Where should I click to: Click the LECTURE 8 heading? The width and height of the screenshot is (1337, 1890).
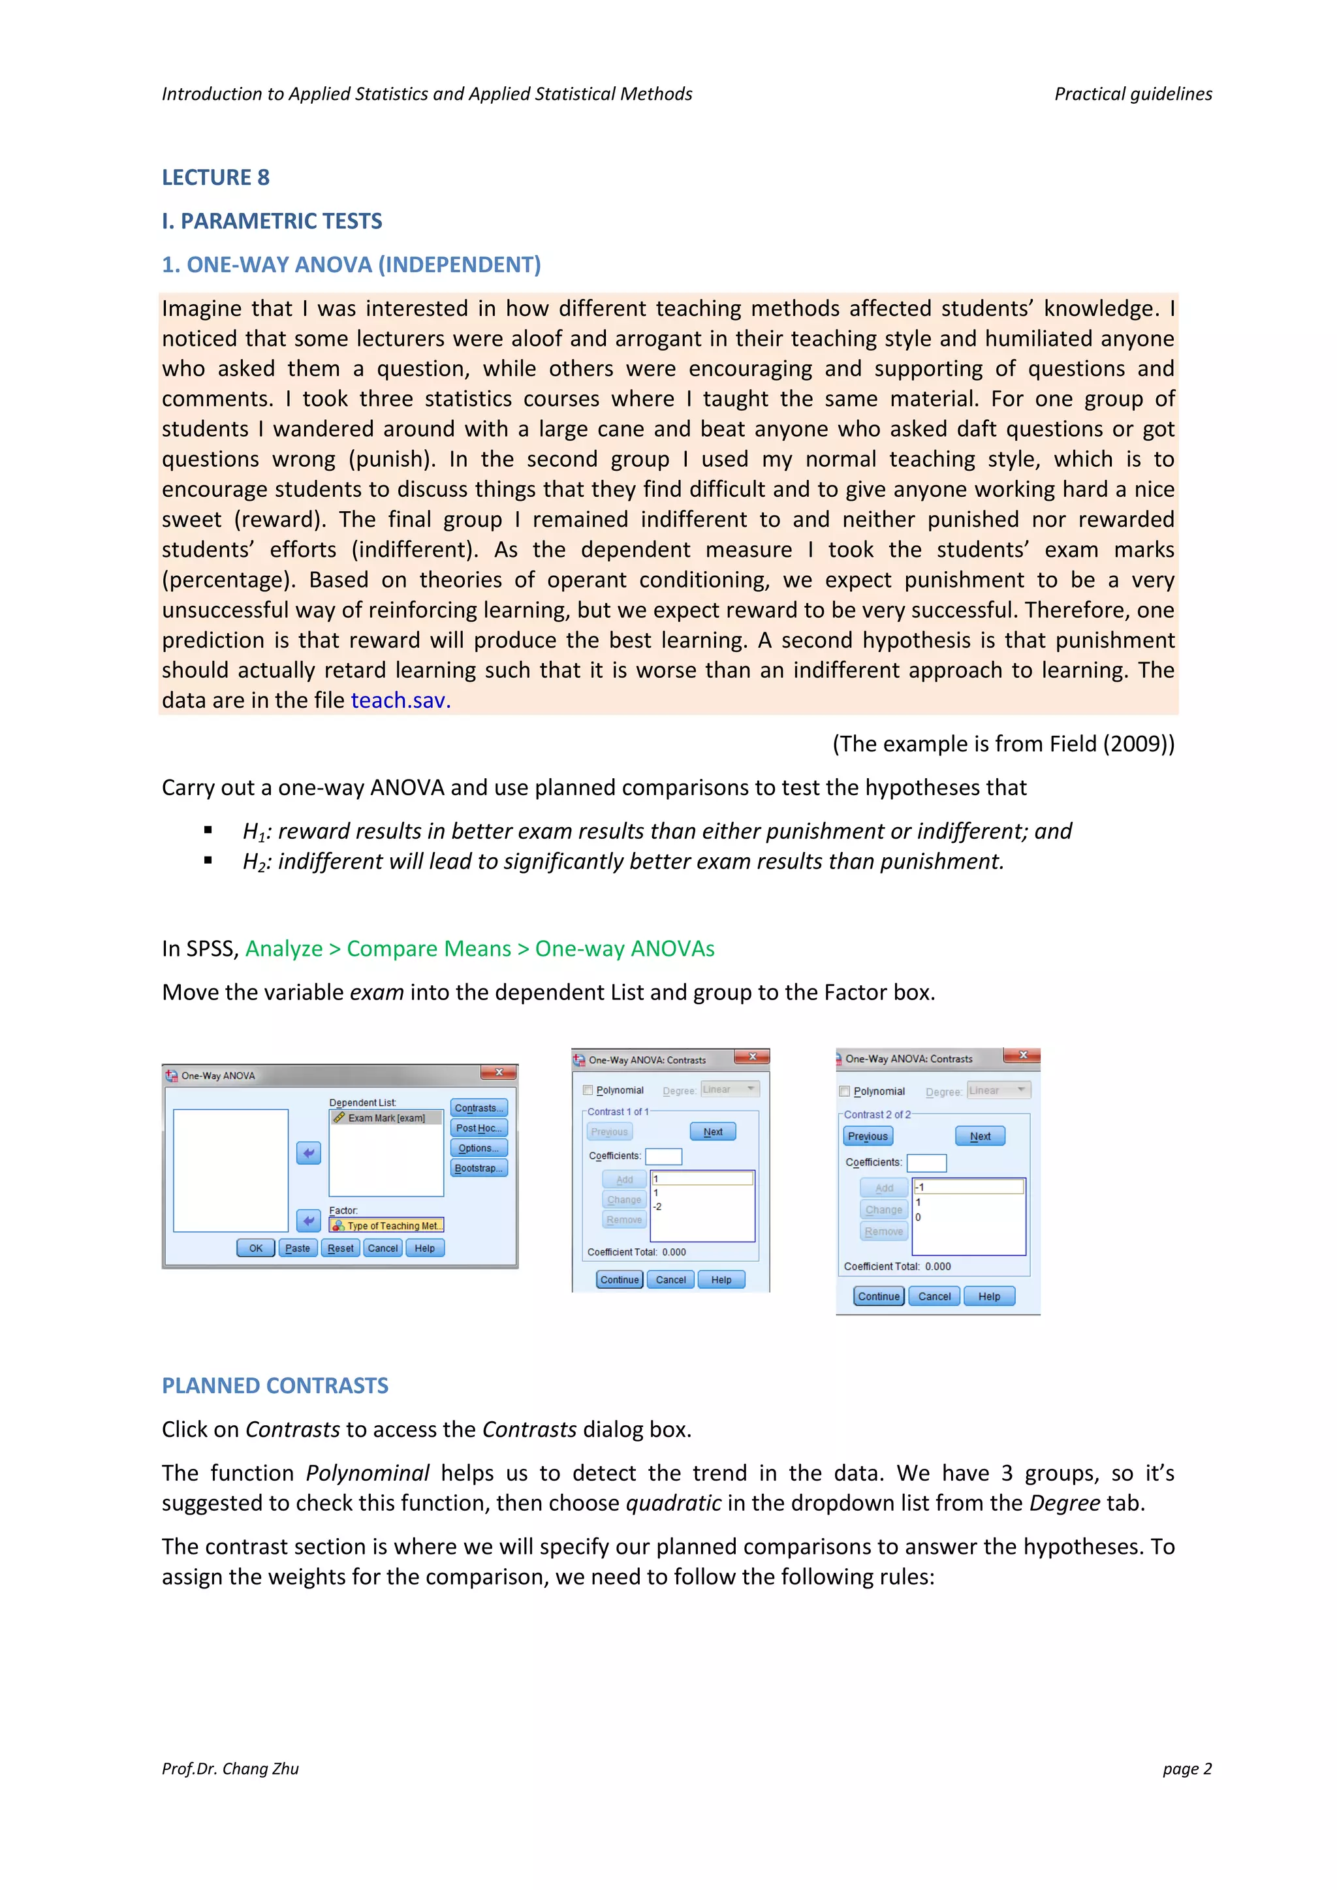pyautogui.click(x=215, y=178)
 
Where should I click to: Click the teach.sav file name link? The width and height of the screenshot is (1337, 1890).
pyautogui.click(x=400, y=701)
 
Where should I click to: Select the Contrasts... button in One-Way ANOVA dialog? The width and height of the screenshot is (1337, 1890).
pyautogui.click(x=479, y=1108)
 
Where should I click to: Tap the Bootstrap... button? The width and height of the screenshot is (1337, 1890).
pyautogui.click(x=479, y=1168)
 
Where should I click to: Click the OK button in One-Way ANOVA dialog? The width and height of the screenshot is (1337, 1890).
pyautogui.click(x=255, y=1249)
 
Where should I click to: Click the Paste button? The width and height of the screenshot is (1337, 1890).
pyautogui.click(x=297, y=1249)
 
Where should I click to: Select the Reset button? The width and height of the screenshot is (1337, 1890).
pyautogui.click(x=340, y=1249)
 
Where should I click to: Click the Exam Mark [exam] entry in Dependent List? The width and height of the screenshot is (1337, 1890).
pyautogui.click(x=386, y=1118)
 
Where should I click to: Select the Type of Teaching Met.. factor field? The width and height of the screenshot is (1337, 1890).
pyautogui.click(x=386, y=1225)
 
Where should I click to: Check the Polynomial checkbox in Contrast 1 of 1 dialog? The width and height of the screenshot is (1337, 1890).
pyautogui.click(x=588, y=1091)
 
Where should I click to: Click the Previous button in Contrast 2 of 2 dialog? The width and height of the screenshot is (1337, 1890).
pyautogui.click(x=868, y=1137)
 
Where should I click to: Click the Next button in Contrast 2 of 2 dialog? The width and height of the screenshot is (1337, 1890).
pyautogui.click(x=980, y=1137)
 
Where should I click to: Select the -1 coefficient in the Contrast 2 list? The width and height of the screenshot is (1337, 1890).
pyautogui.click(x=920, y=1187)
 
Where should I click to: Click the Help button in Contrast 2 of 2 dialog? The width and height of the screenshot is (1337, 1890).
pyautogui.click(x=989, y=1297)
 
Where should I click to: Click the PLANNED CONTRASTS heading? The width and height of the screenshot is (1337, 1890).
pyautogui.click(x=275, y=1386)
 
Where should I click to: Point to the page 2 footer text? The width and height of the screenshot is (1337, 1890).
pyautogui.click(x=1186, y=1769)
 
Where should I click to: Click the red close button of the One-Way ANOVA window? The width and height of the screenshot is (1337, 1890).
pyautogui.click(x=499, y=1073)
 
